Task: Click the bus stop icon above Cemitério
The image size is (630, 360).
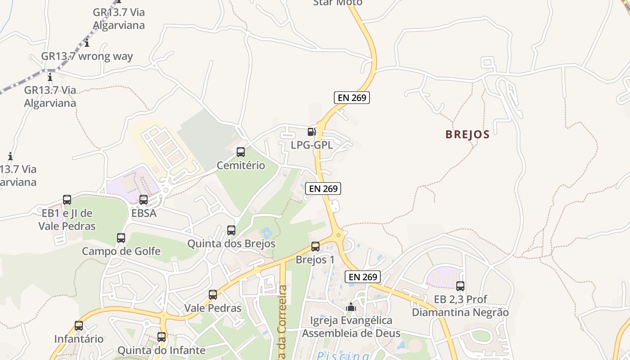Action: tap(241, 152)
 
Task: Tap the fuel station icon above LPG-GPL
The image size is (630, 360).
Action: tap(311, 132)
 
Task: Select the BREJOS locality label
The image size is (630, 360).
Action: tap(467, 135)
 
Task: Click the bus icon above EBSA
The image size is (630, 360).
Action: tap(144, 200)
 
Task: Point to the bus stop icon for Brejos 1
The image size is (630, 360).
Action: tap(315, 247)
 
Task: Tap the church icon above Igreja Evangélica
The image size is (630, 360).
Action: tap(351, 307)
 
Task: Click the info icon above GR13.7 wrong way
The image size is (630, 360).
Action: tap(87, 44)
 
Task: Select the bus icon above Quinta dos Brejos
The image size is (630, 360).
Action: tap(231, 230)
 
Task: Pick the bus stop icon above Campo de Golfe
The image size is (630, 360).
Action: tap(121, 238)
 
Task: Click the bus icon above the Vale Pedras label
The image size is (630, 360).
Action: tap(213, 295)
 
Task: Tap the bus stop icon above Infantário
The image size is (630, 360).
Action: tap(79, 326)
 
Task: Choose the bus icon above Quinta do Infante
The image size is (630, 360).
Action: tap(162, 337)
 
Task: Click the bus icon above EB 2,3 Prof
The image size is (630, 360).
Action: tap(460, 286)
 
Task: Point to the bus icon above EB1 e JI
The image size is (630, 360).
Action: tap(67, 200)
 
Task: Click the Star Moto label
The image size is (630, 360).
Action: tap(337, 3)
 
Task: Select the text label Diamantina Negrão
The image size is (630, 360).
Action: tap(460, 312)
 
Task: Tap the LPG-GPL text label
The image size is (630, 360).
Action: tap(312, 145)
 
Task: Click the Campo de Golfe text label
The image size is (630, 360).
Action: tap(121, 251)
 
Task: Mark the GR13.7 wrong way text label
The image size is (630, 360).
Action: tap(87, 56)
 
